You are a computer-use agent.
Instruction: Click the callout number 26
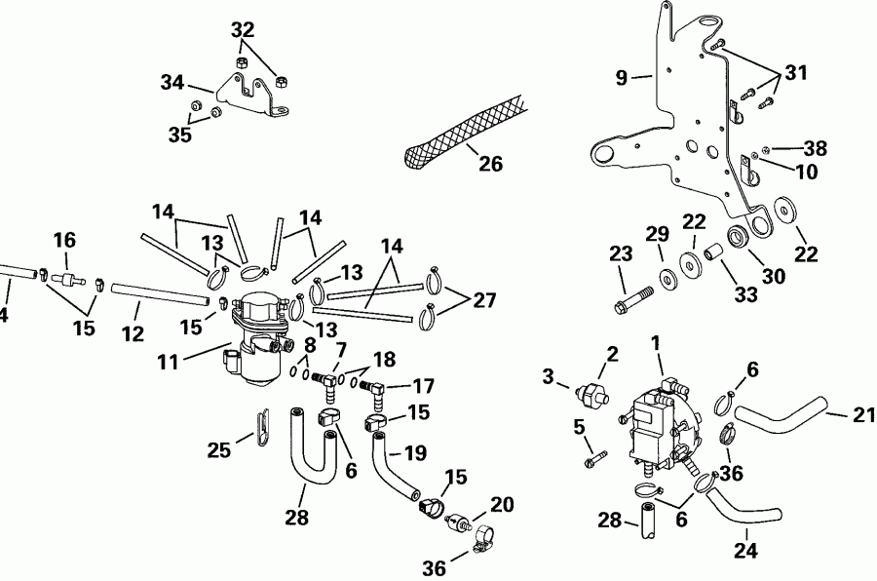pos(491,164)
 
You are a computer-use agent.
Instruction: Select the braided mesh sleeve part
pos(458,136)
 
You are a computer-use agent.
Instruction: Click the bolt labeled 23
pos(629,298)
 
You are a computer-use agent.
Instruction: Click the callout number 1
pos(656,343)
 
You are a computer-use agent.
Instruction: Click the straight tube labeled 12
pos(161,290)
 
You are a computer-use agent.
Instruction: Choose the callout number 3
pos(550,376)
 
